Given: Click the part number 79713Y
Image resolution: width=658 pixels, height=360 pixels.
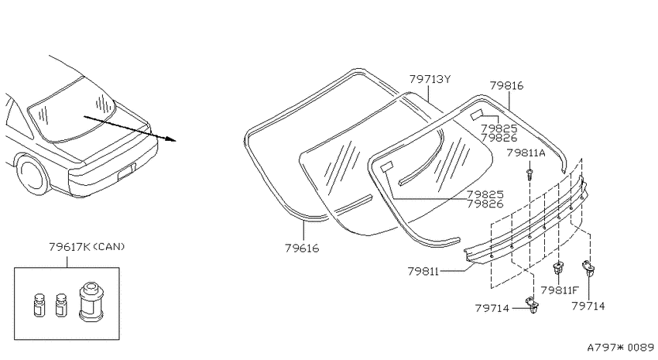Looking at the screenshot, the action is [x=430, y=79].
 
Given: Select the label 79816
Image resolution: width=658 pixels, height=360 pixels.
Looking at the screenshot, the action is [x=506, y=86].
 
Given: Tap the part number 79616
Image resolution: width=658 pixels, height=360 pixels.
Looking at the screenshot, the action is [x=302, y=249].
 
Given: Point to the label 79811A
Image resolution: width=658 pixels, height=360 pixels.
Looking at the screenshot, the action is [x=526, y=153].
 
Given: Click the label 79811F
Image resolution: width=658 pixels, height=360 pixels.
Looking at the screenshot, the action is [x=560, y=290].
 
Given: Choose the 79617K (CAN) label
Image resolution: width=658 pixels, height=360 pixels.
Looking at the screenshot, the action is [x=87, y=247].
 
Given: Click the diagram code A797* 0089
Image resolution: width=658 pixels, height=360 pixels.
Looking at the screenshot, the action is [x=620, y=348].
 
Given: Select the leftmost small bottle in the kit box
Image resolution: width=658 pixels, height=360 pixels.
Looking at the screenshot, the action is [x=39, y=305].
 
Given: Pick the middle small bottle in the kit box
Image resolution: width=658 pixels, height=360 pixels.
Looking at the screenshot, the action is [x=61, y=305].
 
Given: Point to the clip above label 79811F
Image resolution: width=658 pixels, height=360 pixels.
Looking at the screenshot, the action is [x=558, y=268].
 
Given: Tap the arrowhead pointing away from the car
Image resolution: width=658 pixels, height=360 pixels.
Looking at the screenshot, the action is [x=170, y=139].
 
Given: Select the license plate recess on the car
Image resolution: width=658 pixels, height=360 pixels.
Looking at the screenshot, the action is [x=126, y=171].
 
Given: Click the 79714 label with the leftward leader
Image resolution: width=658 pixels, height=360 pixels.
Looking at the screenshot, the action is [x=492, y=308].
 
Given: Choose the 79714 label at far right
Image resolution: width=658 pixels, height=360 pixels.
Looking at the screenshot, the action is [x=588, y=307].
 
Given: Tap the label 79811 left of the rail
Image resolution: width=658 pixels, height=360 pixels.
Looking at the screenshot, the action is [x=423, y=272].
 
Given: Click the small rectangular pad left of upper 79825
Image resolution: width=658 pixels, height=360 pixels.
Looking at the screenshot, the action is [x=476, y=115].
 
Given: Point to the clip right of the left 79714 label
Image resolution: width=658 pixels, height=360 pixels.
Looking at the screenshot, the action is [x=532, y=305].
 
